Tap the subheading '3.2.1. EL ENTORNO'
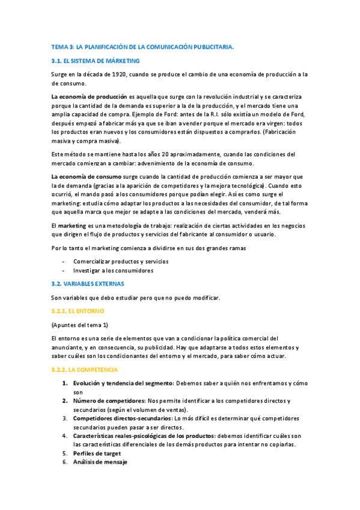78,311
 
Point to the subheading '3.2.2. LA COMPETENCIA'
84,369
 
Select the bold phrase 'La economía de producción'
89,97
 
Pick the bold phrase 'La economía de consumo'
86,176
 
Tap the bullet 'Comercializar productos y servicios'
121,262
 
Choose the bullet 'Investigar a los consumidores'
113,271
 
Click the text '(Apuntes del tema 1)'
80,325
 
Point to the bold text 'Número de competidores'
109,401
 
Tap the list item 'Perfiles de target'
97,453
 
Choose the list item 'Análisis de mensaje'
100,462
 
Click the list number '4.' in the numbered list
65,435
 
